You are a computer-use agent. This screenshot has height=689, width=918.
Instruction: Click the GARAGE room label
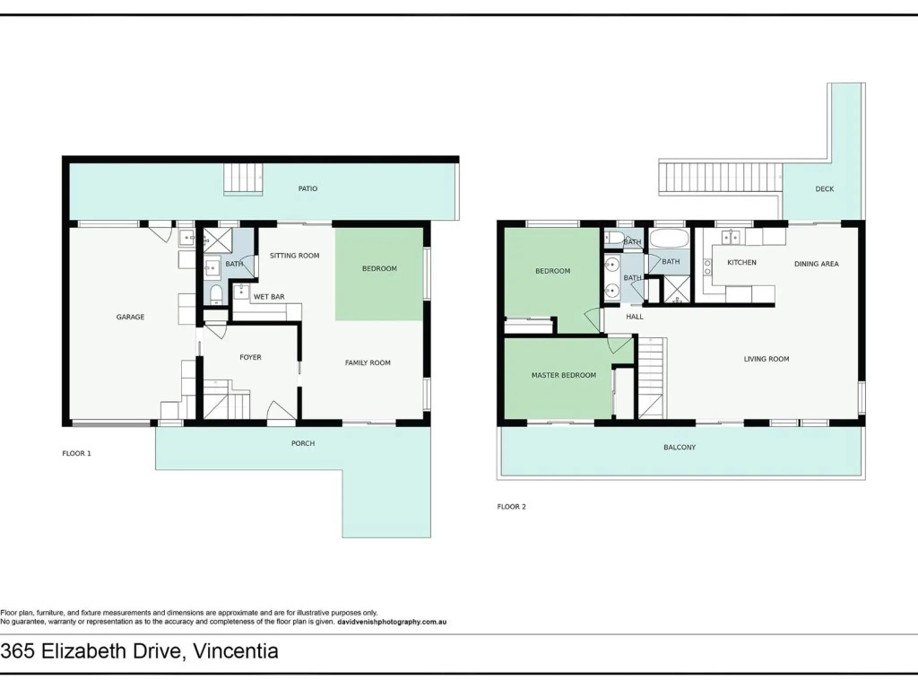tap(130, 317)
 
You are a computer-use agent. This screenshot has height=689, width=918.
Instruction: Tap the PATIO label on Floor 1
tap(308, 188)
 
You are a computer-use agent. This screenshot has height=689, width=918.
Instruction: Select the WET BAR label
tap(269, 297)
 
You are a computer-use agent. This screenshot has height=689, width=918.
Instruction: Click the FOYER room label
tap(251, 357)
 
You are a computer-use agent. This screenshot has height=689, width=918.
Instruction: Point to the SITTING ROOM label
tap(294, 256)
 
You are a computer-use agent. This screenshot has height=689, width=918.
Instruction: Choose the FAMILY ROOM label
tap(368, 362)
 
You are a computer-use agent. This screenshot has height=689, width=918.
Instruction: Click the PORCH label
tap(303, 443)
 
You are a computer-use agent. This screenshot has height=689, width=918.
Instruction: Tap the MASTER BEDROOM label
tap(564, 376)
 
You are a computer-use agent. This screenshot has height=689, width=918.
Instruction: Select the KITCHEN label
tap(741, 263)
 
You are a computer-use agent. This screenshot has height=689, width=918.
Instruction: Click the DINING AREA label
tap(817, 265)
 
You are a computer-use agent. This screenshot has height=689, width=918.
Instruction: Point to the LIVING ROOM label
tap(766, 359)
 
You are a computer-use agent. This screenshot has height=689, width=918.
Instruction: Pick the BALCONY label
tap(680, 448)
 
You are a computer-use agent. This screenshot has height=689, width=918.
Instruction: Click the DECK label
tap(825, 189)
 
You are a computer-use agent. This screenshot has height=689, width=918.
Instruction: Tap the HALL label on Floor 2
tap(635, 317)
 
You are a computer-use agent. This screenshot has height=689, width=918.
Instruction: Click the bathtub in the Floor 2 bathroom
tap(669, 239)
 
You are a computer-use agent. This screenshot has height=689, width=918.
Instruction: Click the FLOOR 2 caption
tap(512, 507)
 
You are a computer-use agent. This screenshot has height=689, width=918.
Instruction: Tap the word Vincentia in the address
tap(236, 651)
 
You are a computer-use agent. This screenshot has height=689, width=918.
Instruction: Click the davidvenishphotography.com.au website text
tap(393, 623)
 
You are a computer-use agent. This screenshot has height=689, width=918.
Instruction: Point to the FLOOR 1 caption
tap(77, 453)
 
